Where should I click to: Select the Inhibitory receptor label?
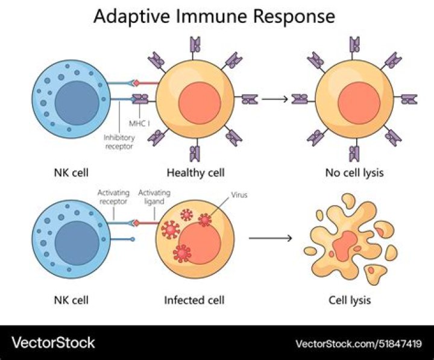[121, 141]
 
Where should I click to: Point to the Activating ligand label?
[154, 197]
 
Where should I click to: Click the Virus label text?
[239, 195]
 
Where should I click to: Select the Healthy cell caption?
[195, 172]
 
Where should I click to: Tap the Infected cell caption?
[194, 299]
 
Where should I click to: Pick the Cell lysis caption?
[350, 299]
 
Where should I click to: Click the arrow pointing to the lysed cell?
[270, 238]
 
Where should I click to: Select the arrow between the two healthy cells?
[274, 98]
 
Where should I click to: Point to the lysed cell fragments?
[350, 244]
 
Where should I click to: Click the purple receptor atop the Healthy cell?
[195, 45]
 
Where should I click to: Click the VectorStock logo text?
[54, 343]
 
